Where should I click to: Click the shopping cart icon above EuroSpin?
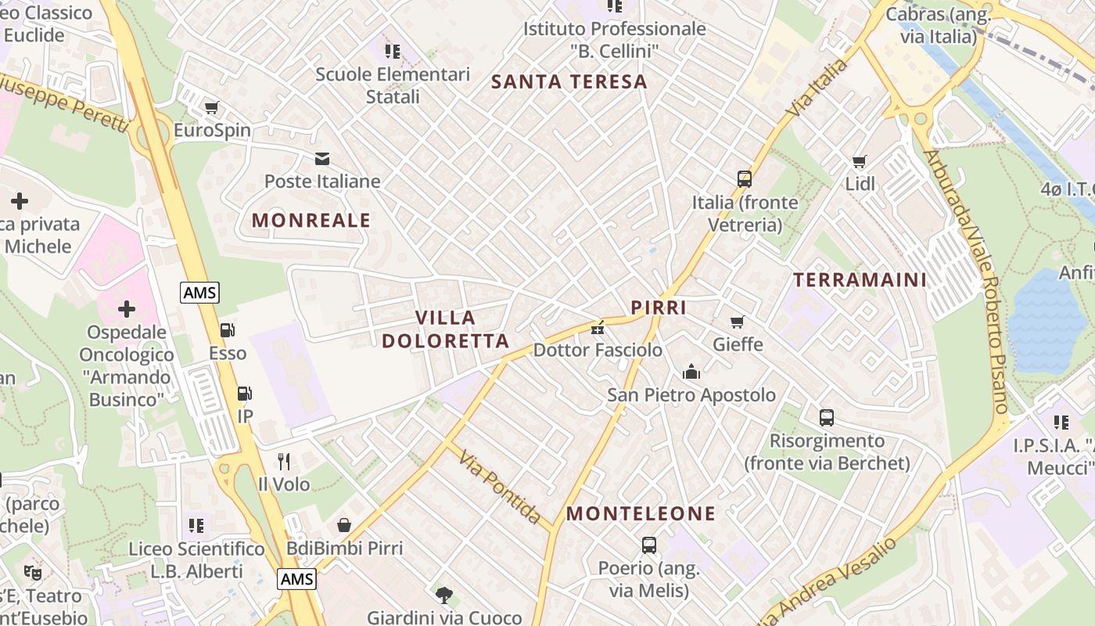211,107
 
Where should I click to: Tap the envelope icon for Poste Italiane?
321,159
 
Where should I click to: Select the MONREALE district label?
311,221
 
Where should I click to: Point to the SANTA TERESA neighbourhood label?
569,81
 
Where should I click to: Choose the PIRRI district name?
659,308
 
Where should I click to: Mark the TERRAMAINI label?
860,279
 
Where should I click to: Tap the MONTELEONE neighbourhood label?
641,513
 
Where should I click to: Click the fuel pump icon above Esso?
227,331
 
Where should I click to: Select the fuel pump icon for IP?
245,394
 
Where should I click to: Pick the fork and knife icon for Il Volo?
284,462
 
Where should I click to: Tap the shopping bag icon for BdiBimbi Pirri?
344,524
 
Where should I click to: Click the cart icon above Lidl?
860,162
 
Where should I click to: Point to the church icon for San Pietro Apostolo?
691,372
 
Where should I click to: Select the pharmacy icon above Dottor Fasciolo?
598,328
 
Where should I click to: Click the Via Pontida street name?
500,487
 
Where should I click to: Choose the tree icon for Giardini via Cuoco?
444,595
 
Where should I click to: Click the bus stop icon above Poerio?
648,545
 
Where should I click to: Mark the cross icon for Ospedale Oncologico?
127,309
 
